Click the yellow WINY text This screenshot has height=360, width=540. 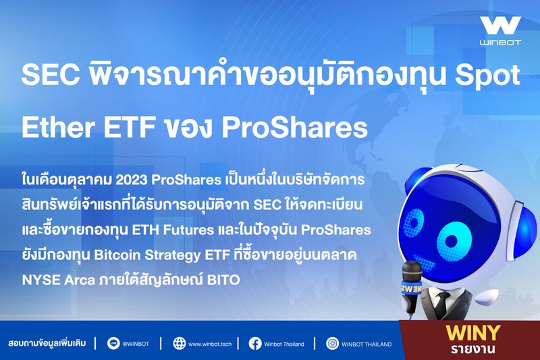(x=473, y=332)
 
